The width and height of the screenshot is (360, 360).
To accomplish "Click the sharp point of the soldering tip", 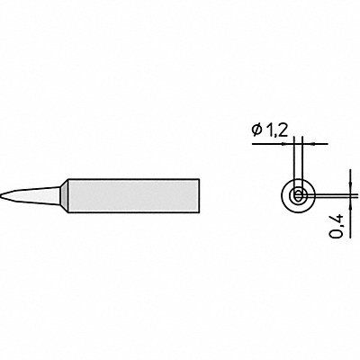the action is (x=1, y=194).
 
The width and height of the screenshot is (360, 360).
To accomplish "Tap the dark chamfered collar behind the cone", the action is (x=64, y=195).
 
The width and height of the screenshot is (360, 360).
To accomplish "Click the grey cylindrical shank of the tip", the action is (x=134, y=196).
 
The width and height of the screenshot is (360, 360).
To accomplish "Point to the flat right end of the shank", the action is (x=199, y=196).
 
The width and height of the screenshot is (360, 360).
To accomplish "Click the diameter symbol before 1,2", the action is (x=257, y=130).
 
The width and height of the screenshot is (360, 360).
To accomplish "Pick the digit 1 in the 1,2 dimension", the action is (x=268, y=130).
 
